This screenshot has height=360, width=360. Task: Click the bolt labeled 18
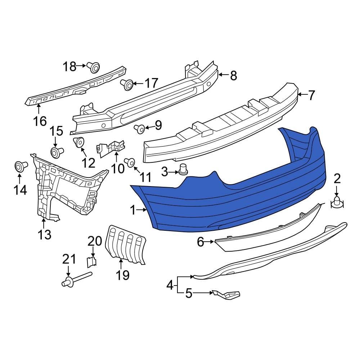94,67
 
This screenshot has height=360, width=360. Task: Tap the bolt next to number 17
127,84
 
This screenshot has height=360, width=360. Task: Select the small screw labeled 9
140,128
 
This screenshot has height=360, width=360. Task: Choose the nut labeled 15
55,153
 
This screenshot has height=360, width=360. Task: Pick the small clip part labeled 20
92,261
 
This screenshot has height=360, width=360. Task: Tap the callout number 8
233,76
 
